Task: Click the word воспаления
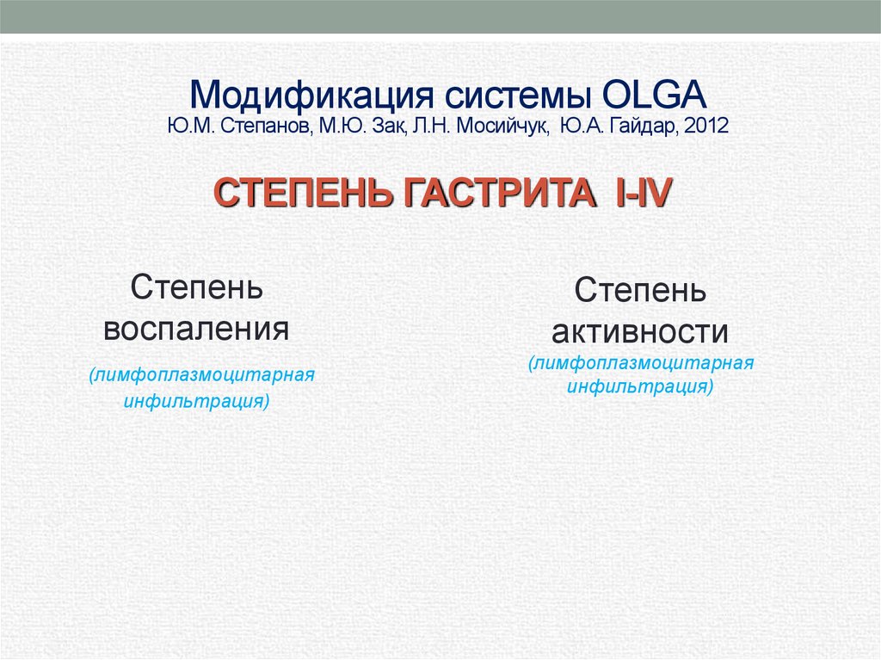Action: (x=196, y=330)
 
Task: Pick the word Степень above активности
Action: (x=641, y=290)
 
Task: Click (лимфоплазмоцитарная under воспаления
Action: (x=200, y=376)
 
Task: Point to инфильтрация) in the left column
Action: (x=197, y=401)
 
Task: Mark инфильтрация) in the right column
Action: (x=640, y=386)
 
